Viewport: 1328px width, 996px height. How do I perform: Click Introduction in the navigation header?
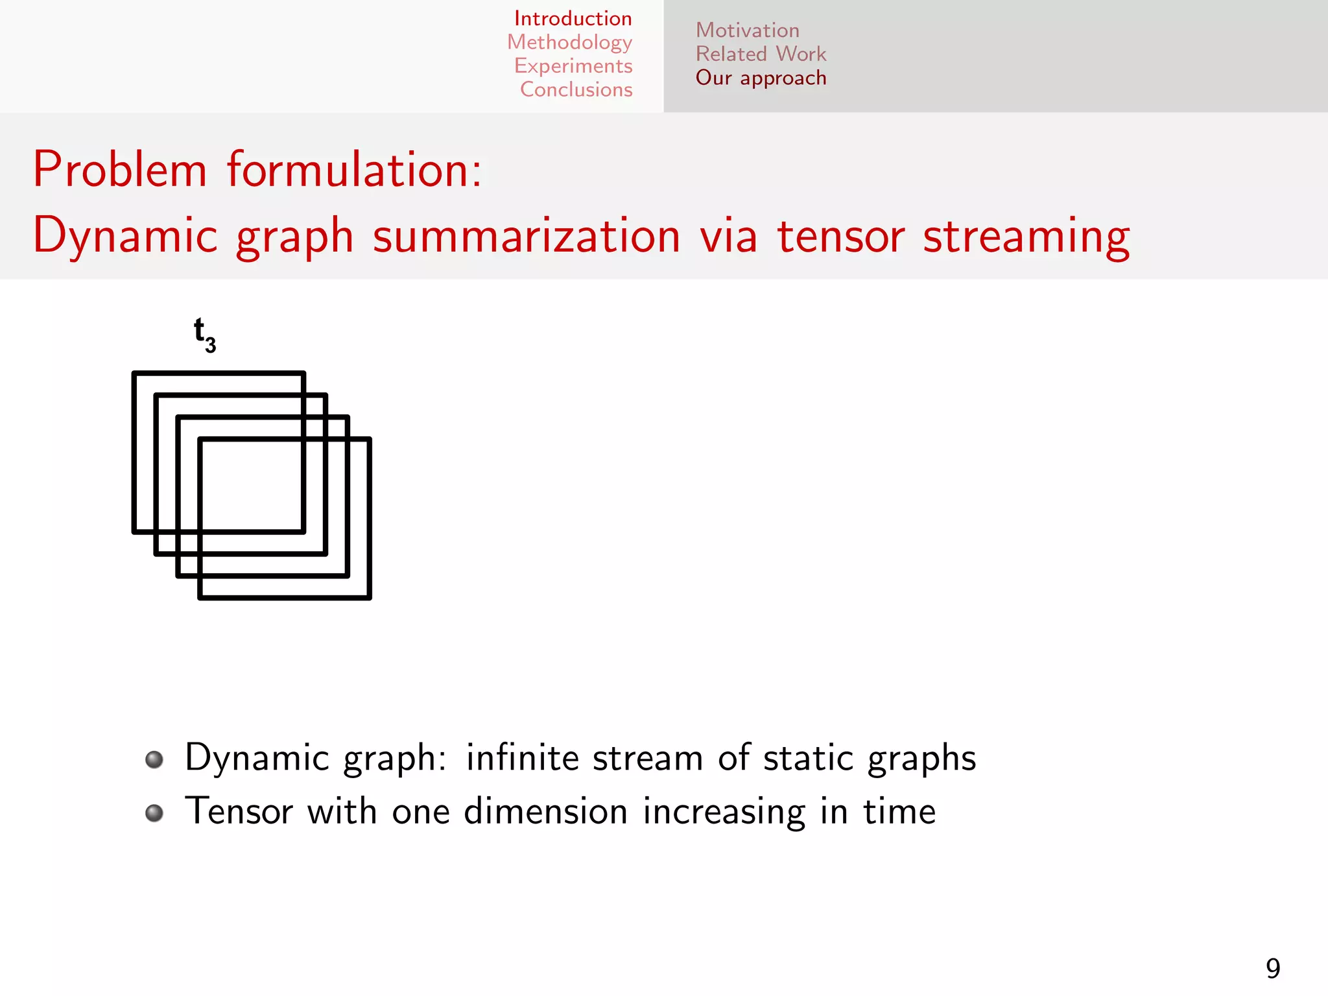pos(573,19)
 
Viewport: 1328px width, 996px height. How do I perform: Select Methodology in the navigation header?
pos(569,42)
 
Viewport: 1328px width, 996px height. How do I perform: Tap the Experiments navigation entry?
pos(573,66)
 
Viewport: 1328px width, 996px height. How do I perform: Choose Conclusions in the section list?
pos(576,89)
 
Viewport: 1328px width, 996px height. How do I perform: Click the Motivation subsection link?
pos(747,30)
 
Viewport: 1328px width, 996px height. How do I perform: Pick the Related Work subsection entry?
pos(761,54)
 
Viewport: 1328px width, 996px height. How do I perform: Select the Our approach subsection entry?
pos(761,78)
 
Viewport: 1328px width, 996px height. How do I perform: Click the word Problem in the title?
pos(120,169)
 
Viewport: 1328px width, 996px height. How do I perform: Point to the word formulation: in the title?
pos(354,169)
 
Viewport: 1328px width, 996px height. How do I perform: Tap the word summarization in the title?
pos(527,236)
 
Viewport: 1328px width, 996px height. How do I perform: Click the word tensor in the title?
pos(840,236)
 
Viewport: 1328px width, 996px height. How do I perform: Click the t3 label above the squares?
pos(204,335)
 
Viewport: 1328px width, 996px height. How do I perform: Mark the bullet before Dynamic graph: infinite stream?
pos(154,759)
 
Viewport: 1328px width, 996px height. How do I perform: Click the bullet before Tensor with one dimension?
pos(154,813)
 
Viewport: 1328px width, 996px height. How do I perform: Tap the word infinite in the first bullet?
pos(522,757)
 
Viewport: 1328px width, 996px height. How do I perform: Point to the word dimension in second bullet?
pos(545,811)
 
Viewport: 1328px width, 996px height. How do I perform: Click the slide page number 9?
pos(1272,969)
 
